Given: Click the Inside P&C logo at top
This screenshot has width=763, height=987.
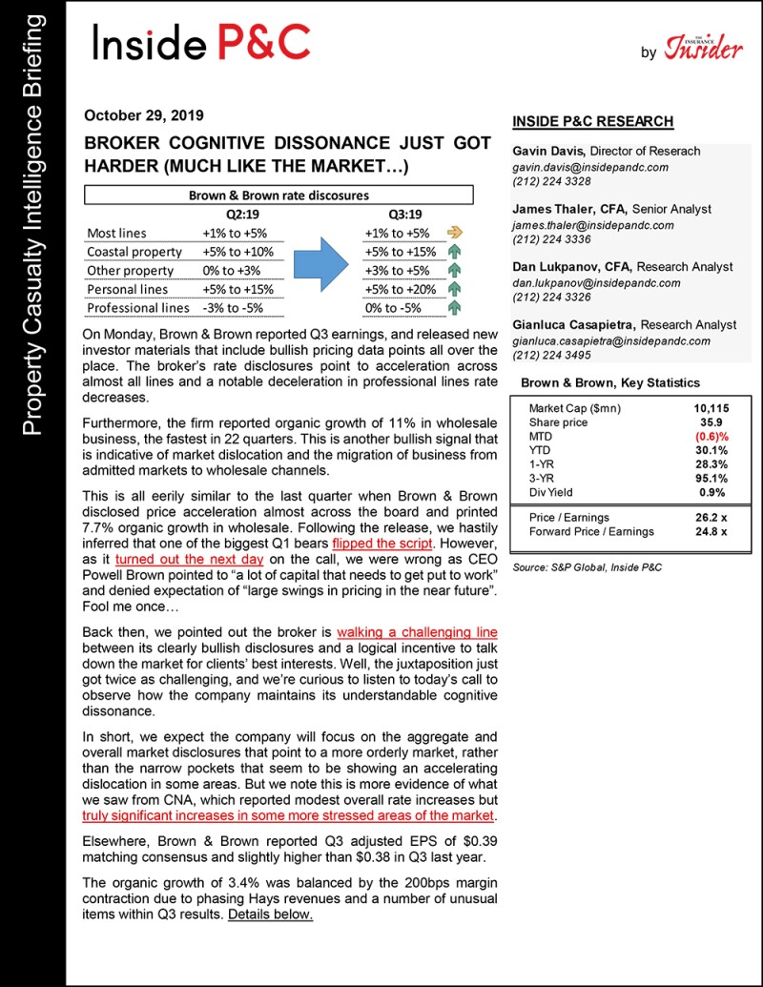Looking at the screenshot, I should point(200,42).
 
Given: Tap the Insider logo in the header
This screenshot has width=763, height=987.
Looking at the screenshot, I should point(703,47).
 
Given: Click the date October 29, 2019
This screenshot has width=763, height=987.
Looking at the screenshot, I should point(144,116).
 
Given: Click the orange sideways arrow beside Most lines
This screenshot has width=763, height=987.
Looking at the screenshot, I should point(455,233).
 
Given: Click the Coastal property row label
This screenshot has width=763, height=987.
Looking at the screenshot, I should point(134,252).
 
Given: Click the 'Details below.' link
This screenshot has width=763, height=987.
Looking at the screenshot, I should point(270,915).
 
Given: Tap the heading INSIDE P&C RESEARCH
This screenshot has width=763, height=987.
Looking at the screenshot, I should point(592,121).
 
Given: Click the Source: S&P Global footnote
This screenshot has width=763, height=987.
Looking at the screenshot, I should point(587,567).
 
